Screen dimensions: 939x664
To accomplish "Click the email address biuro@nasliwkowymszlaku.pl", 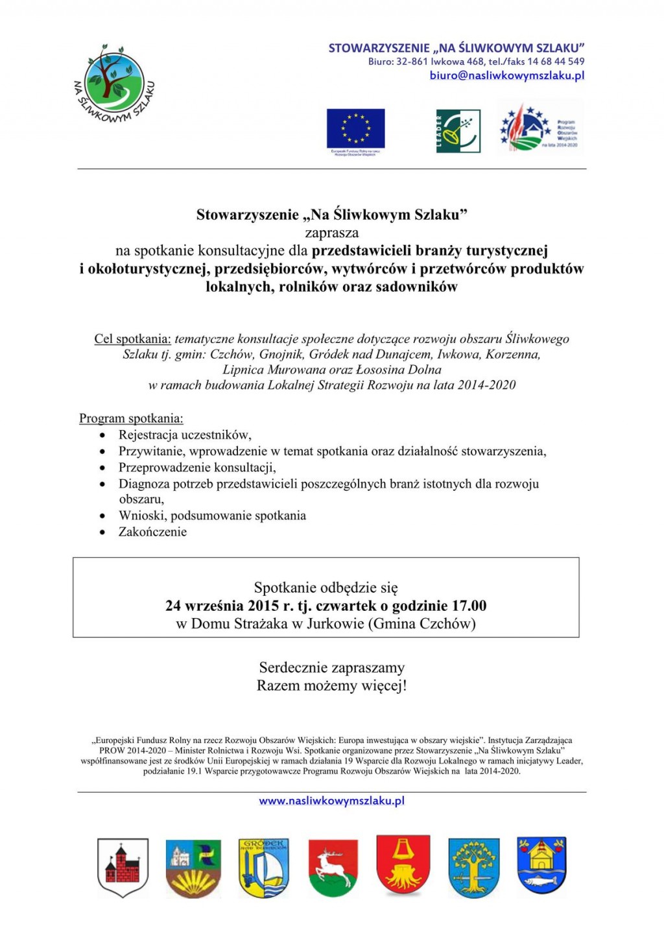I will click(x=506, y=76).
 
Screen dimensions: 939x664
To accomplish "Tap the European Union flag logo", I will click(x=355, y=128).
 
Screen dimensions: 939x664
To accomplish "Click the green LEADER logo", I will click(x=458, y=131).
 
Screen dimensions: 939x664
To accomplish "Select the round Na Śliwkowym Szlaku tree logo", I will click(x=114, y=84).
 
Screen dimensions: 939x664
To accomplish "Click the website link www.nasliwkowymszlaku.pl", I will click(x=331, y=801).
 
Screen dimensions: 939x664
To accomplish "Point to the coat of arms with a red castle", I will click(x=123, y=868).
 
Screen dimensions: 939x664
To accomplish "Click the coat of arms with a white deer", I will click(x=333, y=868).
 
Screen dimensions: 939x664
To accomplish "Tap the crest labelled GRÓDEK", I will click(x=263, y=868).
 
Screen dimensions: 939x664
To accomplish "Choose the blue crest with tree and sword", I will click(x=473, y=868).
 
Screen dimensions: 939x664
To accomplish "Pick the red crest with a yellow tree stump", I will click(x=403, y=865).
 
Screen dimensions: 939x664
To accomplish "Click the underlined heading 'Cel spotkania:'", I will click(x=132, y=339).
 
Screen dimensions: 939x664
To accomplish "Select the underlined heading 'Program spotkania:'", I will click(x=131, y=419).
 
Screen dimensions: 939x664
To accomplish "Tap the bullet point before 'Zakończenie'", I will click(x=102, y=532).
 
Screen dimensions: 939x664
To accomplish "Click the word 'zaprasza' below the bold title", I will click(x=331, y=233).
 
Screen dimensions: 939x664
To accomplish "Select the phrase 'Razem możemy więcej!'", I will click(x=331, y=685).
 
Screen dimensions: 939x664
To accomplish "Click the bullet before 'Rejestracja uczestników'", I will click(x=102, y=435).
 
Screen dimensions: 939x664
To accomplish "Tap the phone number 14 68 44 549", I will click(x=556, y=62).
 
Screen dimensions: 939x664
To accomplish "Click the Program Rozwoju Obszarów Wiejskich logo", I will click(x=539, y=128).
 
